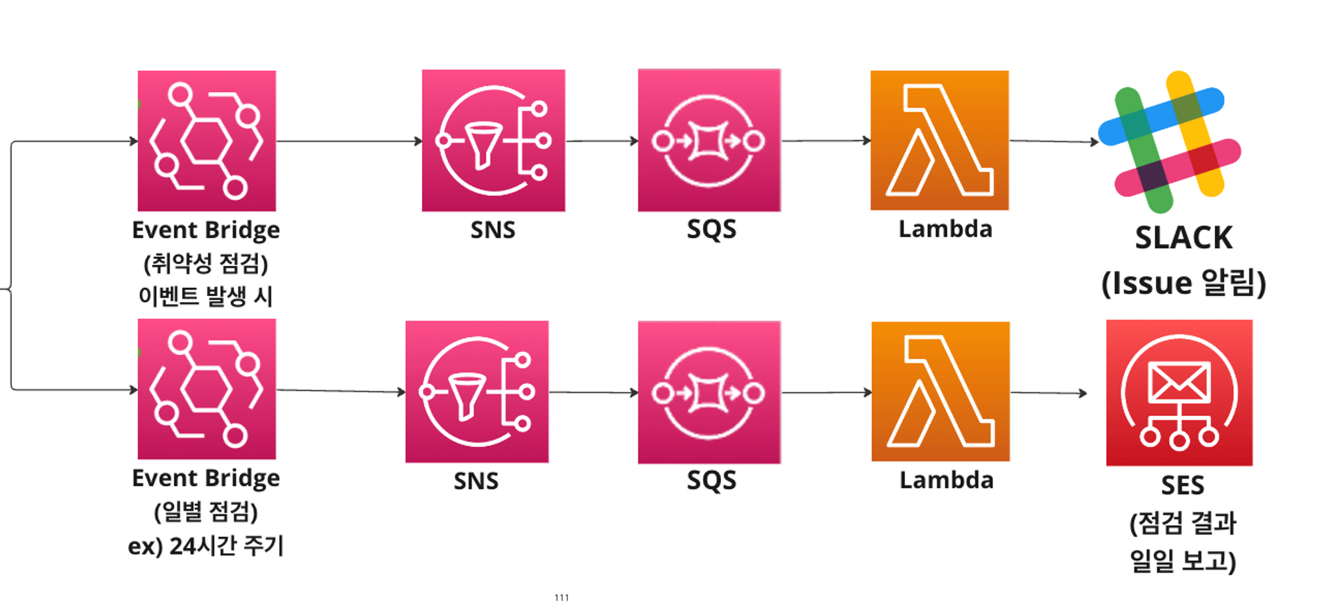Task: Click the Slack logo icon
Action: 1169,141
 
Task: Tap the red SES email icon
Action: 1179,392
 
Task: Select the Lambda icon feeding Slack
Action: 940,140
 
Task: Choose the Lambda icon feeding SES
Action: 940,391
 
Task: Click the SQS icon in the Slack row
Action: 710,140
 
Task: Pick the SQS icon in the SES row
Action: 710,392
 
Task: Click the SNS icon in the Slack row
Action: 493,140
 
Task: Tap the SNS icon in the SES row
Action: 477,392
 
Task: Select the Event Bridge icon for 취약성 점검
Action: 206,140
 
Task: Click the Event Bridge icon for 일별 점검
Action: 206,388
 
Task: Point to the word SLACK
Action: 1184,237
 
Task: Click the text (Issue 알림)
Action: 1184,283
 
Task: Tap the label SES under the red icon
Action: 1182,485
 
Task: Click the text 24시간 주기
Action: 226,545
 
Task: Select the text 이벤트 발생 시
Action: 206,295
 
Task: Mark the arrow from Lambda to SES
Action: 1049,392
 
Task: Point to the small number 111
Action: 562,597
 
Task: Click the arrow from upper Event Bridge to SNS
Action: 350,140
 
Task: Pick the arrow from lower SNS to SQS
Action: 594,392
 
